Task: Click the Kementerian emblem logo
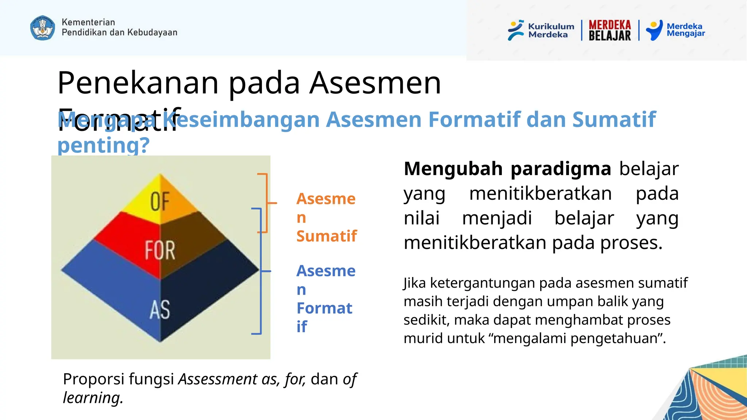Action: click(x=43, y=28)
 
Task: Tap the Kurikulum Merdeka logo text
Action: click(x=551, y=30)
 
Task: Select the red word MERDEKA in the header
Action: click(x=609, y=25)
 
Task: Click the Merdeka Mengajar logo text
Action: click(x=685, y=30)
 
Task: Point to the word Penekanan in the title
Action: click(x=138, y=83)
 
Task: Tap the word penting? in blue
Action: click(x=104, y=145)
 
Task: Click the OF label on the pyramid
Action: click(x=160, y=201)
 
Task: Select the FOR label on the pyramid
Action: click(x=160, y=250)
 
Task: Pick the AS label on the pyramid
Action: click(x=160, y=310)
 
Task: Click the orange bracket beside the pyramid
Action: click(x=267, y=203)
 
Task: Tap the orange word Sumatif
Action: click(x=326, y=236)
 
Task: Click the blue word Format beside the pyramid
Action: click(x=324, y=308)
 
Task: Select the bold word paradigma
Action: click(x=560, y=169)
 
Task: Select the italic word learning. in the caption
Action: click(x=93, y=397)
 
